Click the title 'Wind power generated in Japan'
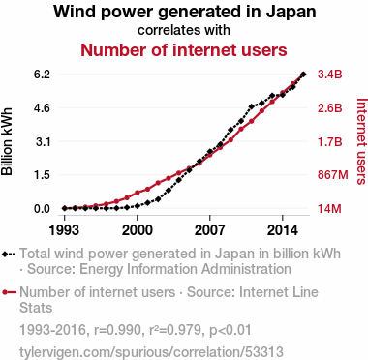(185, 12)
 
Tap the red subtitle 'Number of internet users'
(184, 50)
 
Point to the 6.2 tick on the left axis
(42, 75)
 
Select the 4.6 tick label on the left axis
(42, 107)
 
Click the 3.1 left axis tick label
(43, 141)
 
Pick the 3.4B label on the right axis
(329, 75)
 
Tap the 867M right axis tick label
(333, 175)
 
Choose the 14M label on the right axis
(329, 209)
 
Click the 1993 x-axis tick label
(64, 230)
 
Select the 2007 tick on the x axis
(210, 230)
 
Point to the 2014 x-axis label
(283, 230)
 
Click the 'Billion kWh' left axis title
(7, 141)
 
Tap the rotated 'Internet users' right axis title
(362, 141)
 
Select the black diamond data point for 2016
(303, 75)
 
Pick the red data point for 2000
(138, 193)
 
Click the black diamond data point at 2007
(210, 151)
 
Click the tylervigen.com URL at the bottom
(151, 352)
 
